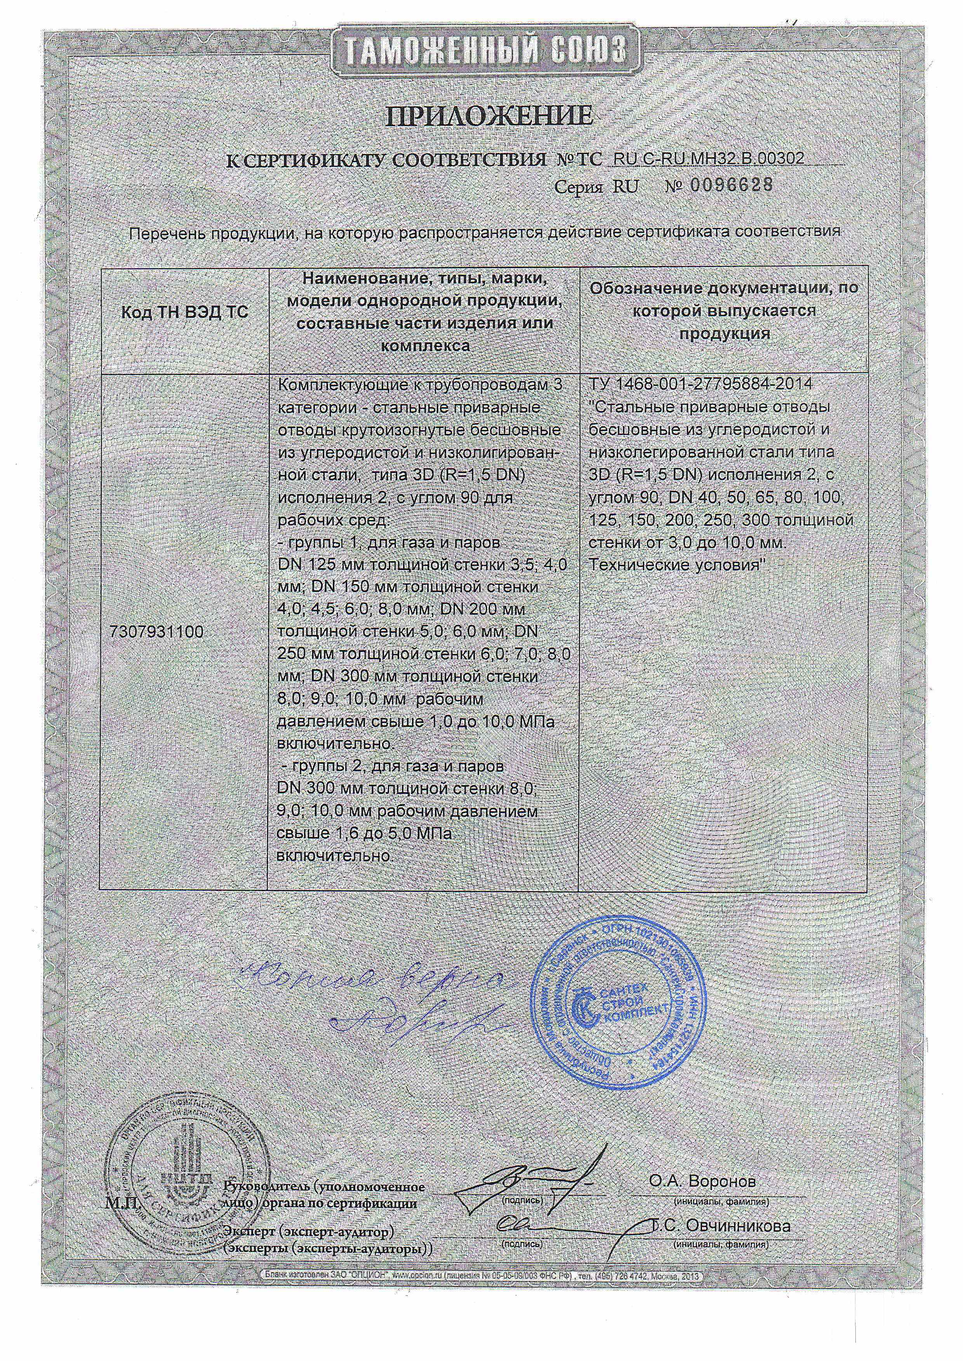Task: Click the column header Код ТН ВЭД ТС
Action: [x=184, y=312]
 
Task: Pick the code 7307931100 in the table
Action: [x=156, y=632]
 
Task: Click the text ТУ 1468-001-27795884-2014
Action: [x=701, y=384]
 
